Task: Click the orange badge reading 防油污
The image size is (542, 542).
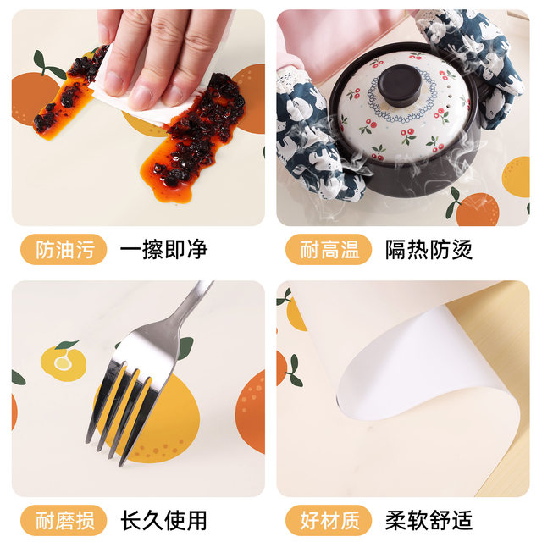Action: tap(59, 250)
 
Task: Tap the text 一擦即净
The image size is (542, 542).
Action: tap(163, 250)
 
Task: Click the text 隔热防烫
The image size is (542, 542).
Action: tap(429, 250)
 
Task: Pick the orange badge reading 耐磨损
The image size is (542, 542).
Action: tap(59, 519)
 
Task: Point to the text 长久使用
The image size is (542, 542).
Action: tap(163, 519)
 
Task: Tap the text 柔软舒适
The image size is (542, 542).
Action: tap(429, 519)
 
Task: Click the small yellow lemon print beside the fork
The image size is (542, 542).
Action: tap(64, 362)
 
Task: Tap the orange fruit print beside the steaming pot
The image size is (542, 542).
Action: tap(478, 208)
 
